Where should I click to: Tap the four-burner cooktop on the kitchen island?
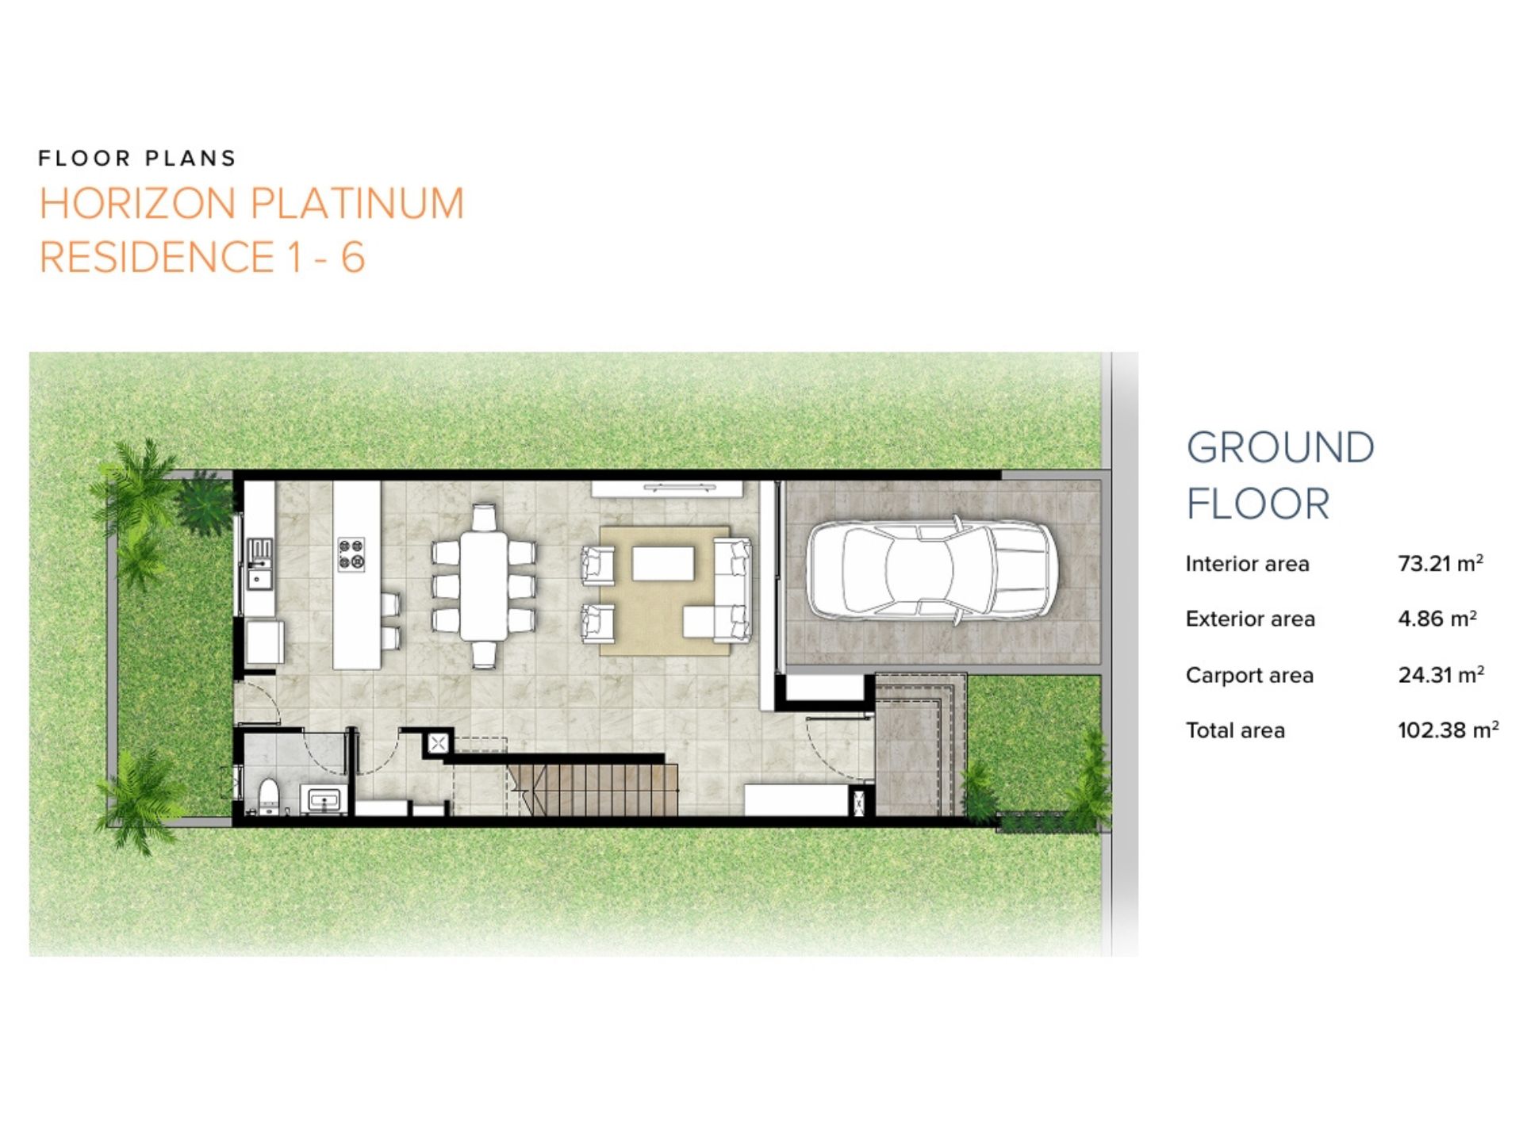click(351, 554)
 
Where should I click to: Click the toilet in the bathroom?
click(269, 795)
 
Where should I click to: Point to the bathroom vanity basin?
click(323, 799)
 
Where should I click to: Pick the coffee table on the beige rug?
click(663, 564)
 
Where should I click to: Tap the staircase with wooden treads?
click(593, 789)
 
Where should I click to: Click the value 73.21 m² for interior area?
click(1441, 563)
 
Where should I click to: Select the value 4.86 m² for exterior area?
click(1437, 619)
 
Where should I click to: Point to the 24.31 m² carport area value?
click(1441, 675)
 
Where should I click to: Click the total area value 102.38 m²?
click(1448, 730)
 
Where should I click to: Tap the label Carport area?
click(1249, 676)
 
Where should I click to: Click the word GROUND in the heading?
click(1280, 448)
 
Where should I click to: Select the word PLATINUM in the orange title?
click(355, 204)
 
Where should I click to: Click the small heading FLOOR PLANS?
click(137, 159)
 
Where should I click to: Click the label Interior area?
click(1247, 564)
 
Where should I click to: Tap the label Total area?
click(1235, 730)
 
